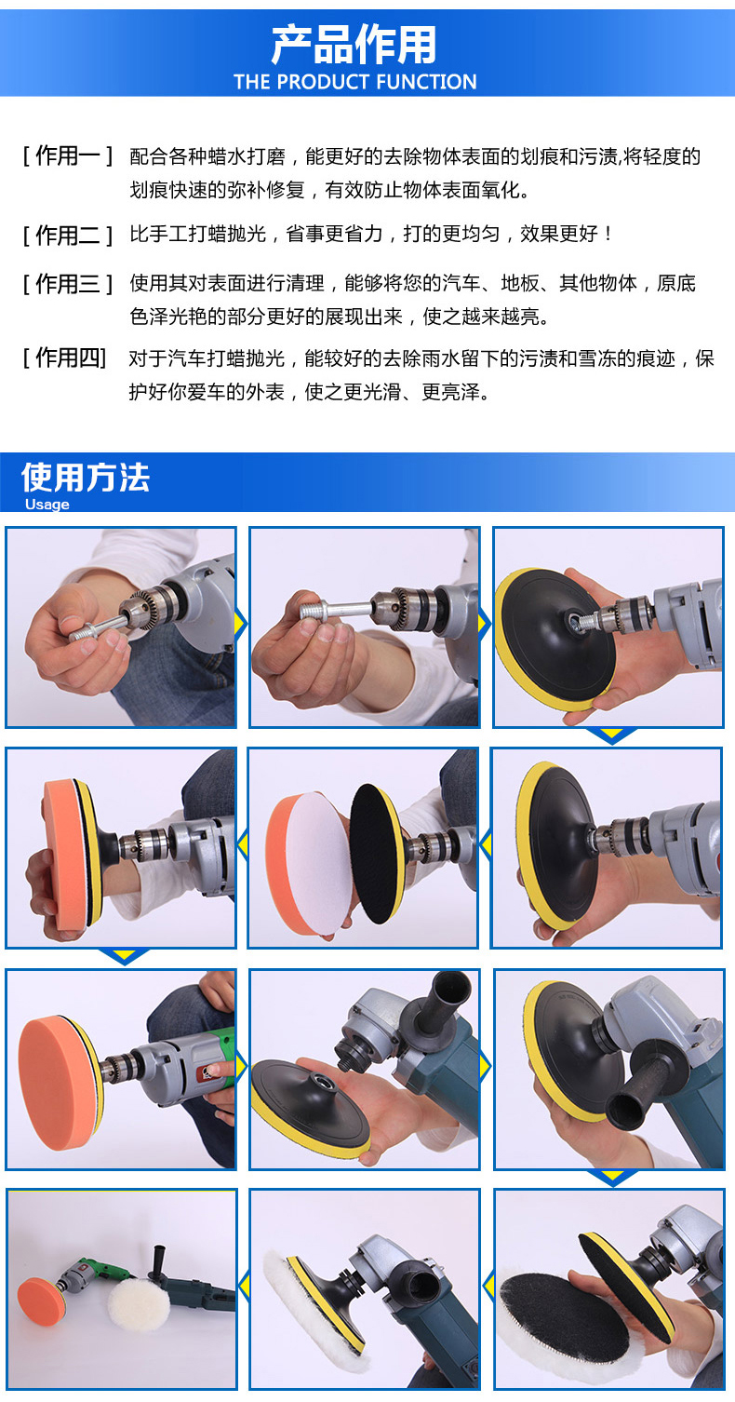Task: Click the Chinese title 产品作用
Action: [354, 45]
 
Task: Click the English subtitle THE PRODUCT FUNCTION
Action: [354, 81]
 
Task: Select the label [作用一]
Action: [68, 155]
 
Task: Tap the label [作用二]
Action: [68, 236]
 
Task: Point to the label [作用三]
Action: [68, 284]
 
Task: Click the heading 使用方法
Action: [86, 478]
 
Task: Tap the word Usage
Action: [47, 505]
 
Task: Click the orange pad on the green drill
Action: [60, 1083]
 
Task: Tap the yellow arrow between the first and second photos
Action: [241, 624]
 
